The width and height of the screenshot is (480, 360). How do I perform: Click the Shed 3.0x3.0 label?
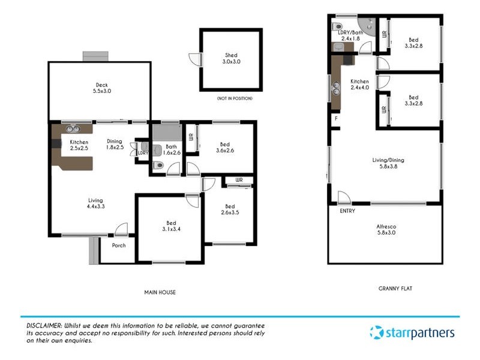[231, 58]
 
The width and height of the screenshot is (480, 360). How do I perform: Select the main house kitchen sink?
[73, 128]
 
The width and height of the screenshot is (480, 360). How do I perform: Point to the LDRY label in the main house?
[143, 153]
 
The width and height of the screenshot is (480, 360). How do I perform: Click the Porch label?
[118, 245]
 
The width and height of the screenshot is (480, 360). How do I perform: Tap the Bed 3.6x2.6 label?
[224, 148]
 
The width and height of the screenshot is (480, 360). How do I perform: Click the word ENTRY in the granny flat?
[347, 211]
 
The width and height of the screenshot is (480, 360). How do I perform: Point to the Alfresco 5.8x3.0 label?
[386, 230]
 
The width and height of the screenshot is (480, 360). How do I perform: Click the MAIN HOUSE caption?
[160, 292]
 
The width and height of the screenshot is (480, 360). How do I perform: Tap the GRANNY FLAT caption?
[395, 288]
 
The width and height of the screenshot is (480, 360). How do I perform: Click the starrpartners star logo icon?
[376, 332]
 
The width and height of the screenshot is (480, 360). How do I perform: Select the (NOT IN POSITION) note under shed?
[235, 98]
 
